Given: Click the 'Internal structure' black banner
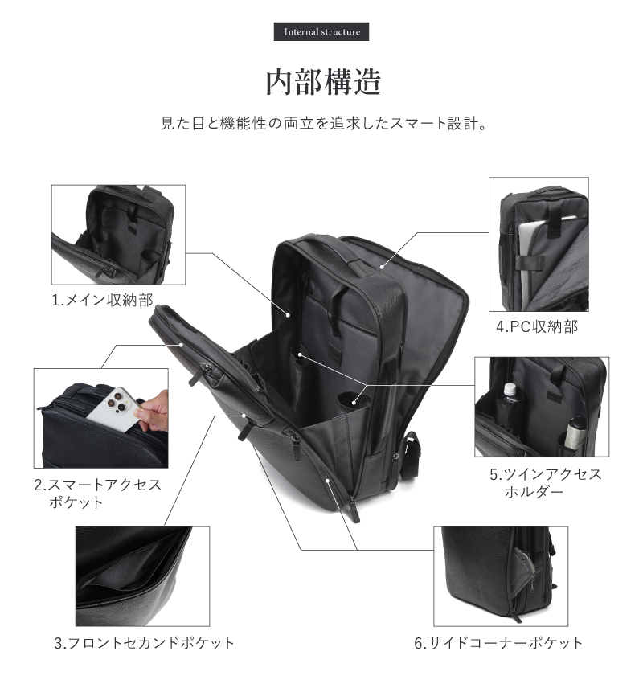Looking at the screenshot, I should click(x=322, y=33).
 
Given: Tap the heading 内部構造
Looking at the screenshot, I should click(x=322, y=81).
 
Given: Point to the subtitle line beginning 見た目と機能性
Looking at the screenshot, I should click(x=321, y=125).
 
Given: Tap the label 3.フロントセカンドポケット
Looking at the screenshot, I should click(x=145, y=643).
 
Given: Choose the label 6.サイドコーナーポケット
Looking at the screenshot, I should click(x=498, y=643).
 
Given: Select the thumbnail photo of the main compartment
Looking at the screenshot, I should click(x=118, y=234).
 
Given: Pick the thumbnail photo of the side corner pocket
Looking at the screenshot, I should click(x=500, y=576).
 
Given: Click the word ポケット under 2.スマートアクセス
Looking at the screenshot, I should click(x=76, y=502).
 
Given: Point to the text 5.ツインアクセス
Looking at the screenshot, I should click(x=545, y=474).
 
